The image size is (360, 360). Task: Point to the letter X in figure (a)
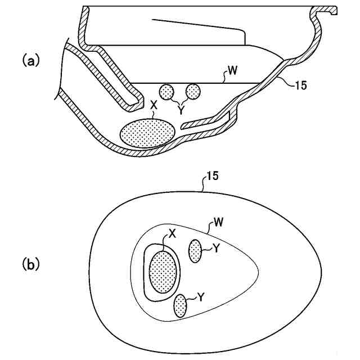154,105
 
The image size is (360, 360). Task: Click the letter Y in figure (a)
181,111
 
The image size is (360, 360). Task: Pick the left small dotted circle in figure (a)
167,91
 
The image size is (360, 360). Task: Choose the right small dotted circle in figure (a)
193,91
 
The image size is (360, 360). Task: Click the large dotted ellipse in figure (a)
147,133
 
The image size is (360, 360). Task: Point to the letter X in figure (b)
172,235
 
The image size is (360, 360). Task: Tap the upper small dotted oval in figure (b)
196,250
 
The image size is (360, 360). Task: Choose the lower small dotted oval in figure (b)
180,305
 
